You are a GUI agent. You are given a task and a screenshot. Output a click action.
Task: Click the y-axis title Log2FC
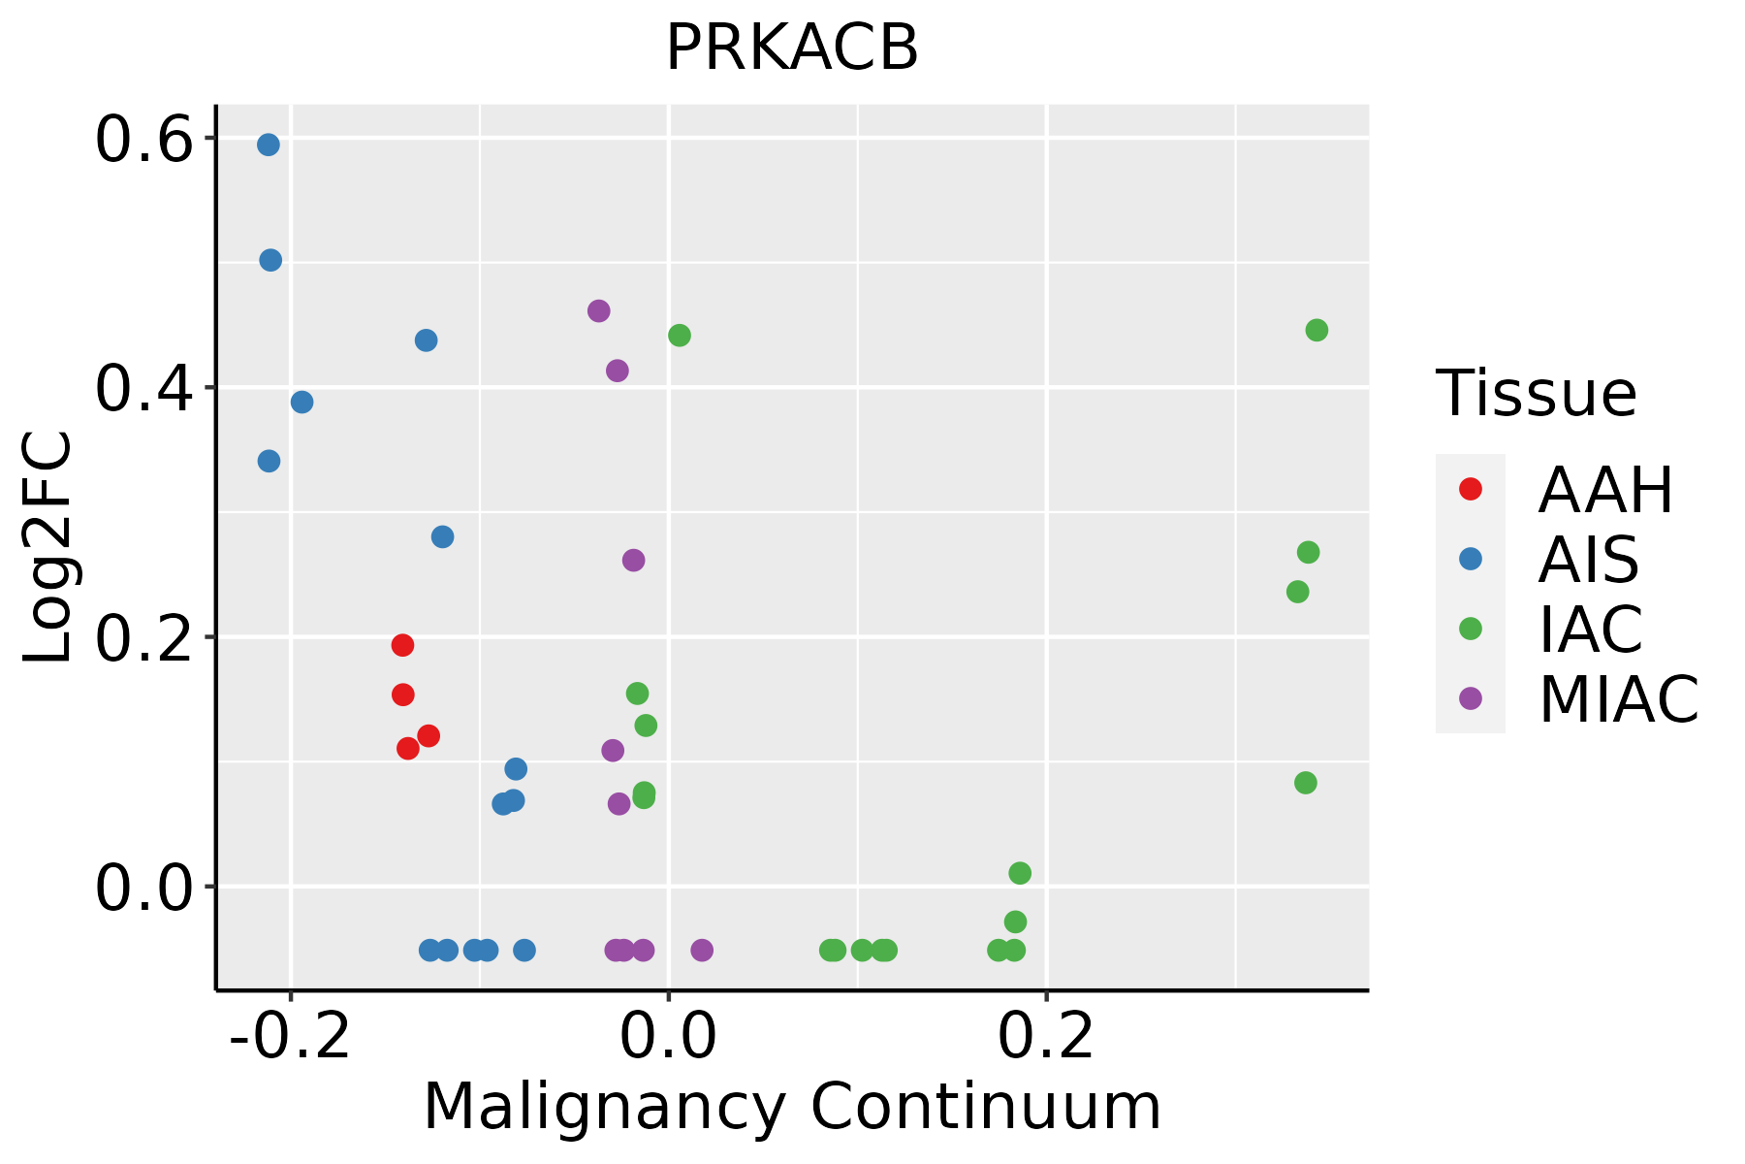click(48, 548)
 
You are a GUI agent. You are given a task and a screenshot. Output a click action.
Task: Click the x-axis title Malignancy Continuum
click(791, 1107)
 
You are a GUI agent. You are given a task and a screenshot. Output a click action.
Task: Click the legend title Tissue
click(1536, 394)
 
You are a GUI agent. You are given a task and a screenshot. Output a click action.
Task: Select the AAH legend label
click(1605, 490)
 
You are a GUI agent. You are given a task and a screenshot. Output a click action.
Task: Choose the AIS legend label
click(1589, 560)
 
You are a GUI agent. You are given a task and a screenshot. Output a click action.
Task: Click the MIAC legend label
click(1618, 699)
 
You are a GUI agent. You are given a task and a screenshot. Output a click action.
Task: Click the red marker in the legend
click(1471, 489)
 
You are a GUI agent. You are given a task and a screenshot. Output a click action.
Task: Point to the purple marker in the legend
click(1471, 698)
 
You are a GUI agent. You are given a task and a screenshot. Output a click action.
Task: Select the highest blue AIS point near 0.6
click(269, 145)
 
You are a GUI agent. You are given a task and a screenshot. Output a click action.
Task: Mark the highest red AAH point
click(402, 645)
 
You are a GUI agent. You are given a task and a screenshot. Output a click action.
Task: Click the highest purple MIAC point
click(598, 310)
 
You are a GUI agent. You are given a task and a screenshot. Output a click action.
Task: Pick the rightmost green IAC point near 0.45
click(1316, 330)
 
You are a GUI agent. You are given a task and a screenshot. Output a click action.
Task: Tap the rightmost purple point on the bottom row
click(702, 950)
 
